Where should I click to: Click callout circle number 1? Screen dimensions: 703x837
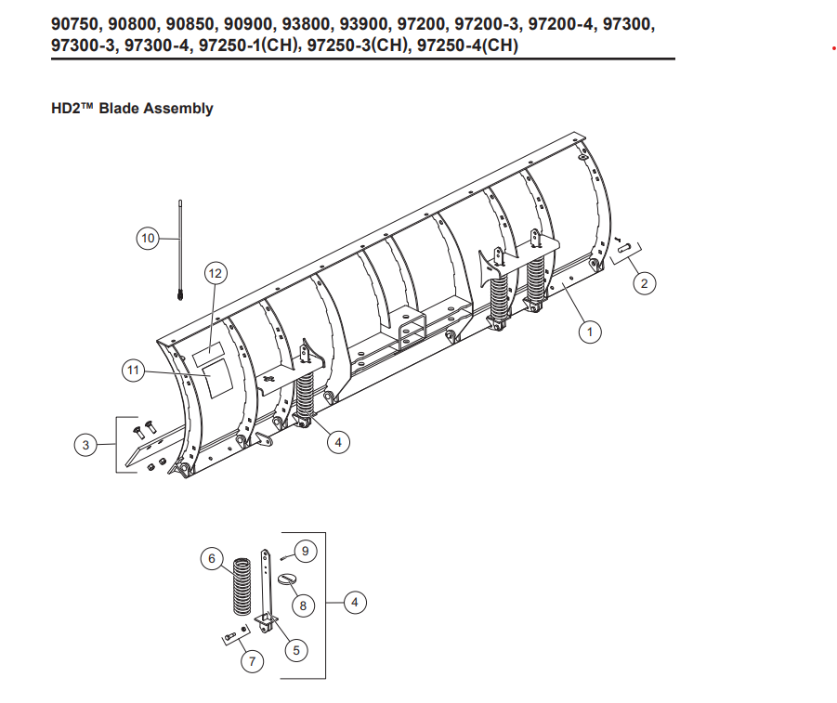[588, 330]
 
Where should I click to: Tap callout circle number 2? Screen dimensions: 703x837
[644, 283]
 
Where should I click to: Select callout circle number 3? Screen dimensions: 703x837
[85, 446]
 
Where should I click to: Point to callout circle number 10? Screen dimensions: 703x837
[148, 239]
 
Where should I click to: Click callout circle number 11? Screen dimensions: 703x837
[133, 371]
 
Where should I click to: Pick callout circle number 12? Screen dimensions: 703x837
[216, 273]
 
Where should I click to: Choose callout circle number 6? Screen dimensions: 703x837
[212, 558]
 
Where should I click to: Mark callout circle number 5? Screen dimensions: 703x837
[295, 650]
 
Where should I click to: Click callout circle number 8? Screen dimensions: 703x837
[303, 605]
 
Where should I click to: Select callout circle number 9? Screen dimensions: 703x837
[307, 551]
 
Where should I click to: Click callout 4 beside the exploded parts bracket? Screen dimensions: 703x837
[354, 603]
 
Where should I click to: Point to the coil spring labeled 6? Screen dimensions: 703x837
[242, 587]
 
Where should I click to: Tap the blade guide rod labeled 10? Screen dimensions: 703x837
[177, 251]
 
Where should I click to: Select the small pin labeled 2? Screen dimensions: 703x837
[623, 247]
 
